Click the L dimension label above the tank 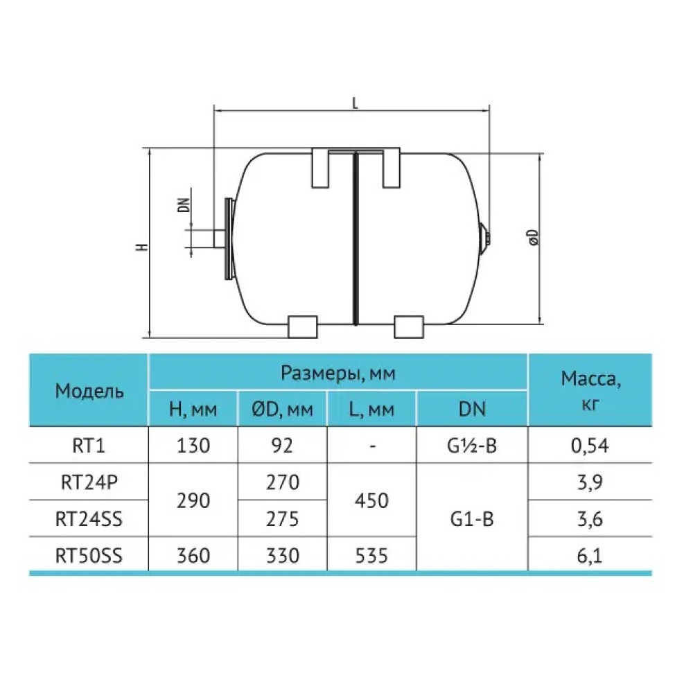[355, 103]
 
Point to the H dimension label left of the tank [141, 247]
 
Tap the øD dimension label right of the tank [534, 237]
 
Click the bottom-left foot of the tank [303, 326]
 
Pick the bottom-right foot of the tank [408, 326]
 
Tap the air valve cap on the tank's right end [486, 238]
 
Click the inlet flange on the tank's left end [229, 238]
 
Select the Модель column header [89, 391]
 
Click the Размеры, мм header [337, 373]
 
